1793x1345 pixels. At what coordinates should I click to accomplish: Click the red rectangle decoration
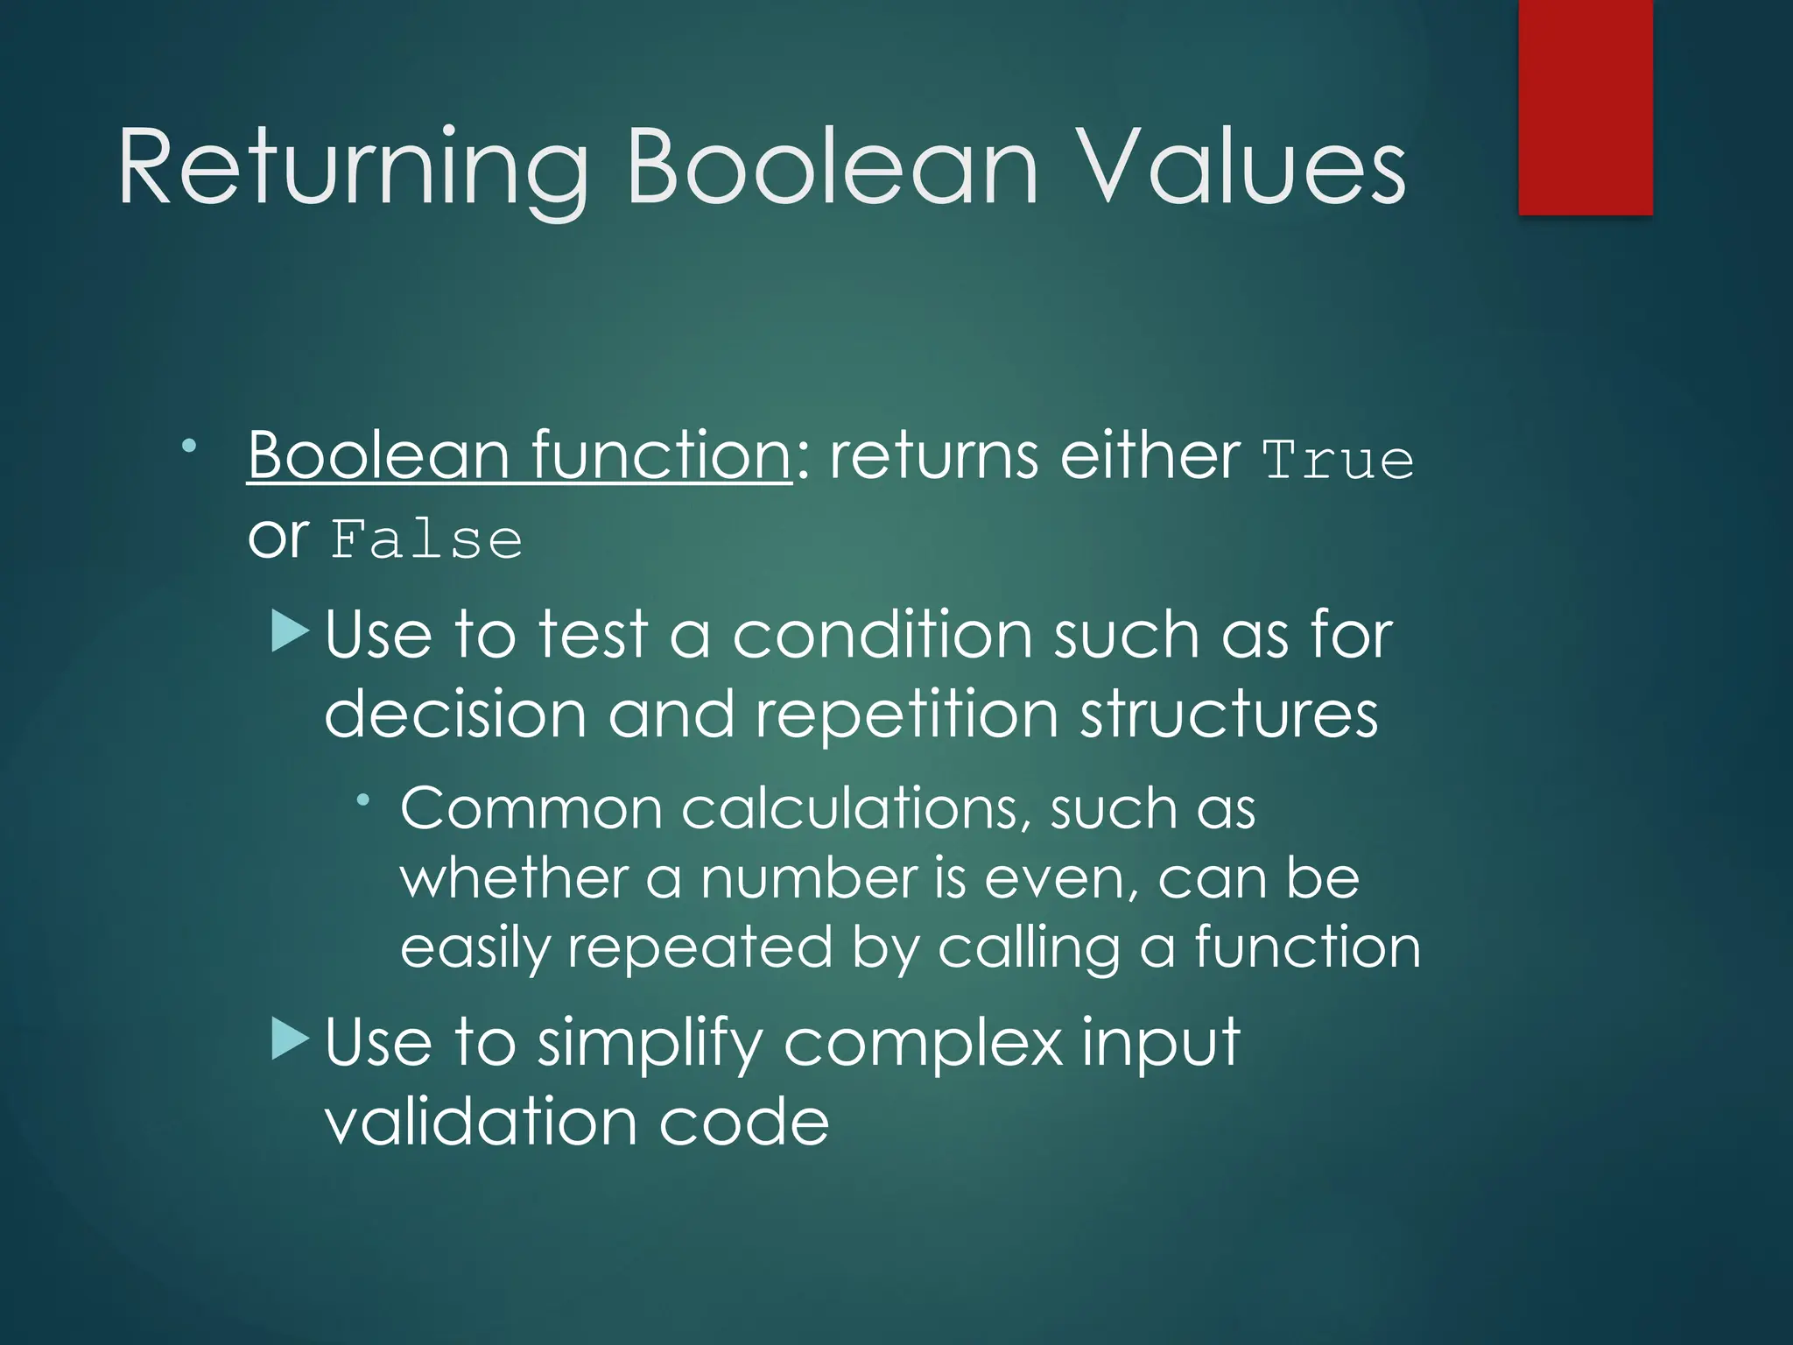tap(1585, 107)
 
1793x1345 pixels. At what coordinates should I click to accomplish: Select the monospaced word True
tap(1338, 461)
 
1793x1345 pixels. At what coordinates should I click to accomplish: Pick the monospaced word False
tap(426, 539)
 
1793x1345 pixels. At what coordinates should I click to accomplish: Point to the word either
tap(1149, 455)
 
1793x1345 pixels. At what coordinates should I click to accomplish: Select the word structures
tap(1228, 715)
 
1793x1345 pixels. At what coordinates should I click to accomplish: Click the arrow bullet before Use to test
tap(291, 630)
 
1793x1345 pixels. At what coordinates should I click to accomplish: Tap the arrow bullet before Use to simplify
tap(291, 1039)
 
